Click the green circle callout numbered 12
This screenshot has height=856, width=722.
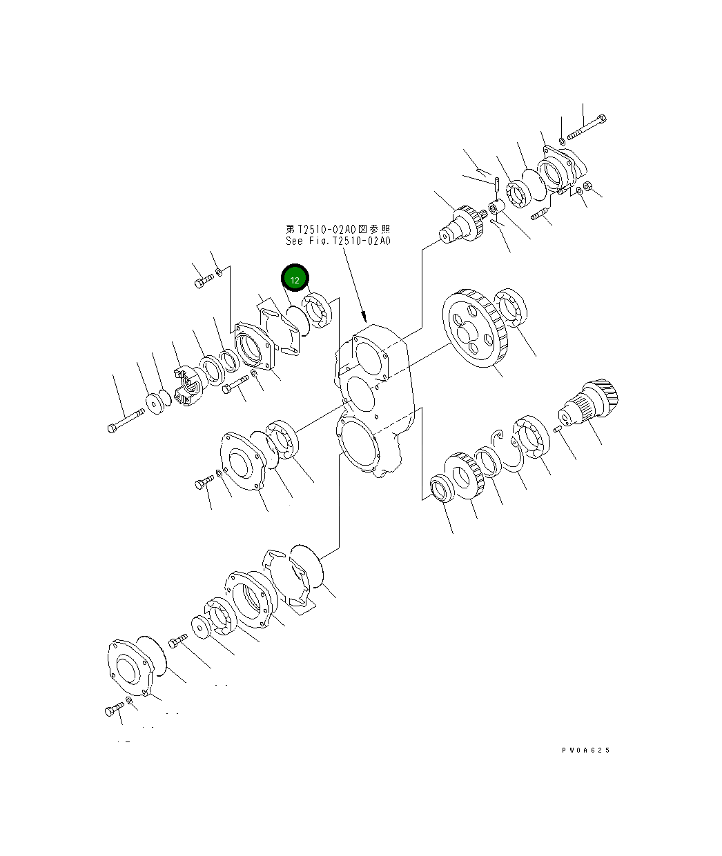tap(295, 279)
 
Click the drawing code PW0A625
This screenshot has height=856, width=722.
tap(586, 750)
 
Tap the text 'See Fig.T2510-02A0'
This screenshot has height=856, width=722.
tap(338, 241)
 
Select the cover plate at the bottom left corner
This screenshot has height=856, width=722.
tap(129, 667)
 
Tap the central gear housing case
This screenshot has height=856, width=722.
tap(373, 400)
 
